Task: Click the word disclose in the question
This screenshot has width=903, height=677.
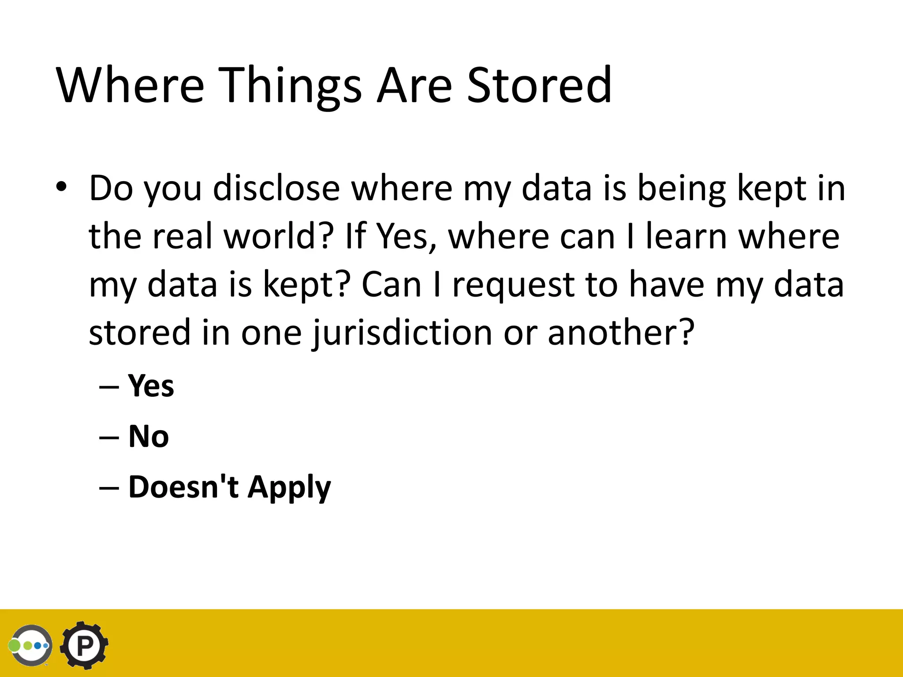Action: pos(276,188)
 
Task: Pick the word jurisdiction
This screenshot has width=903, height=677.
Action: pos(402,333)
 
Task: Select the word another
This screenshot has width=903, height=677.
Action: pos(621,333)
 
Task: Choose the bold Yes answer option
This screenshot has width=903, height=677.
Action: pos(151,386)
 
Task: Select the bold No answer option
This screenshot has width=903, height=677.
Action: pos(149,436)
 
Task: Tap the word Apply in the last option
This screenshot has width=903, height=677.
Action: pos(289,487)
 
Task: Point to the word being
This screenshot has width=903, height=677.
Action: pos(681,188)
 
